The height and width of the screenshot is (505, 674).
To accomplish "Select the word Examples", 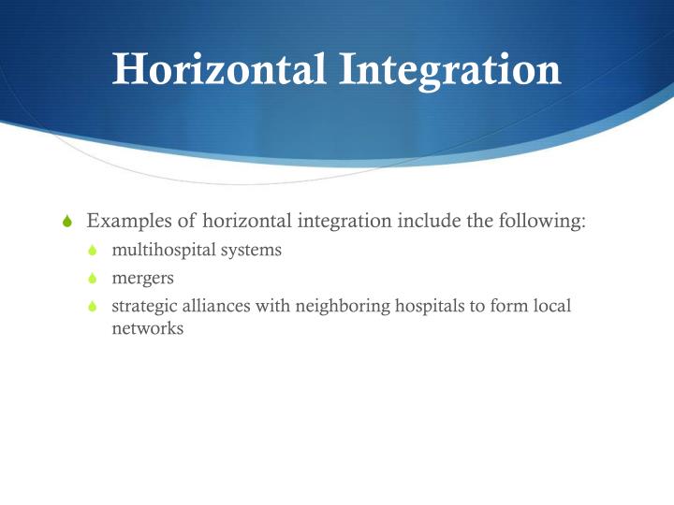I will coord(126,222).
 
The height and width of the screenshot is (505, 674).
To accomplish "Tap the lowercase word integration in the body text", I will coord(341,223).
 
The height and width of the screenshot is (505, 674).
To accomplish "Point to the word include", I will coord(419,222).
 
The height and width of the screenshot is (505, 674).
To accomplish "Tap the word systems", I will coord(252,251).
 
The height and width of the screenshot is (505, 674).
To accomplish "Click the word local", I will coord(551,306).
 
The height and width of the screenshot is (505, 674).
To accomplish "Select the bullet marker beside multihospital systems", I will coord(93,252).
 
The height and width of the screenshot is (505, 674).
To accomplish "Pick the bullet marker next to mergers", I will coord(93,280).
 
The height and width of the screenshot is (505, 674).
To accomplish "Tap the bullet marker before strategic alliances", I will coord(93,307).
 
